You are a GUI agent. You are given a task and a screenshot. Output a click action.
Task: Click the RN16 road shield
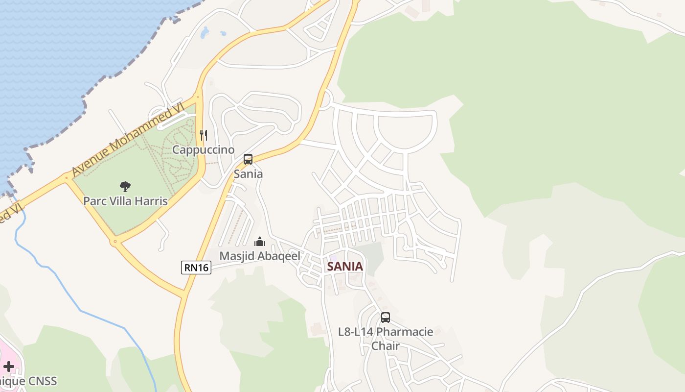point(196,268)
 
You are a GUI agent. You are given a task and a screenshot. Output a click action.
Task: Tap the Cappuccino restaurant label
point(204,150)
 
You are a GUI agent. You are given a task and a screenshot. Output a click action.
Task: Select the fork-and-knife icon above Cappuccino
point(204,135)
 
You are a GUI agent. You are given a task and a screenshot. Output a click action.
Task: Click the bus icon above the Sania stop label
point(248,159)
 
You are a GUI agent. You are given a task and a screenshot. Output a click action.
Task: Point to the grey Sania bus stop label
point(248,174)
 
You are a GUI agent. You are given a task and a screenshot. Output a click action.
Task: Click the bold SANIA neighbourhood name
point(345,267)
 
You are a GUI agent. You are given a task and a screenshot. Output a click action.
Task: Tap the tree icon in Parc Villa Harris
point(125,186)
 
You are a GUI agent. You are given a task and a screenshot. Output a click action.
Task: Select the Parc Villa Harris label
point(125,201)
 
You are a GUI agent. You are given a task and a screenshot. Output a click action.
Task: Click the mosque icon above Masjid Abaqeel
point(260,242)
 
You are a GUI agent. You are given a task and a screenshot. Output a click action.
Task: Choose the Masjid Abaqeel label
point(259,256)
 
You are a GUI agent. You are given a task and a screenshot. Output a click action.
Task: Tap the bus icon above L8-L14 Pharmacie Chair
point(386,318)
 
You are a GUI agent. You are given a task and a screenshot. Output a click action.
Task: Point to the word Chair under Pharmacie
point(386,346)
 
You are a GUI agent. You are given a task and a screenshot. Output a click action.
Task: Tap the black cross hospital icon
point(9,366)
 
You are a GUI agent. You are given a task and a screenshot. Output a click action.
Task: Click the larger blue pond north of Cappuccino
point(205,33)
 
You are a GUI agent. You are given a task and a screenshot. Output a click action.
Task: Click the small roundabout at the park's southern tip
point(115,242)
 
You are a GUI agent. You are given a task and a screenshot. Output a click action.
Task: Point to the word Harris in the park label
point(152,201)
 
